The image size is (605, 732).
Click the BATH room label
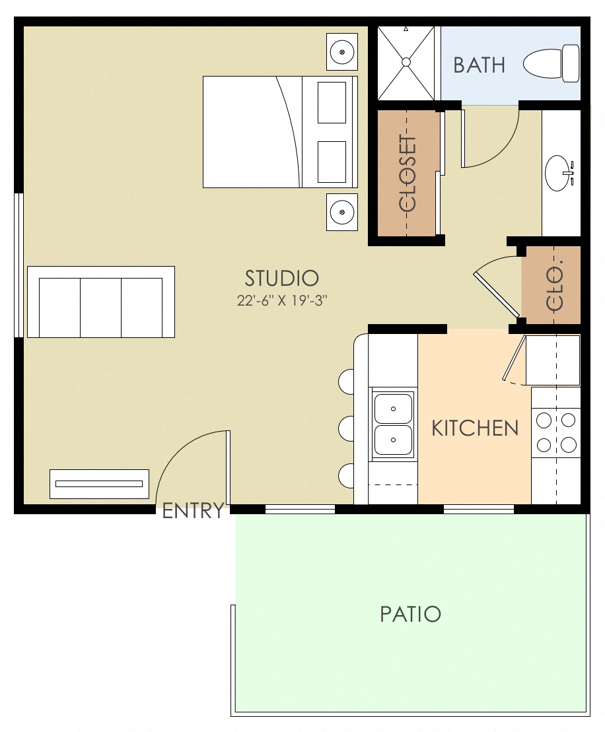(x=480, y=65)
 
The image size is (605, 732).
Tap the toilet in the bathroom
(x=552, y=63)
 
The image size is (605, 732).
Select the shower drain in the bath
(x=406, y=62)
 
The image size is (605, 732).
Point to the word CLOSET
(x=408, y=174)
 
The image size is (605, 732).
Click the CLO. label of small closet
(x=555, y=288)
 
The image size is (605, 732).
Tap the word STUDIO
(x=282, y=278)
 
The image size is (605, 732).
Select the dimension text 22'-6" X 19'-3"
(x=282, y=300)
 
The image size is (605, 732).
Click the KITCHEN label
(x=475, y=428)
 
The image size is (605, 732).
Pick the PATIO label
(x=410, y=615)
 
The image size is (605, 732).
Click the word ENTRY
(x=193, y=511)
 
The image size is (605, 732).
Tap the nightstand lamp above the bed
(x=342, y=51)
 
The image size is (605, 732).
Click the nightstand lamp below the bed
(x=342, y=212)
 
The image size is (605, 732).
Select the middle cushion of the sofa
(x=100, y=308)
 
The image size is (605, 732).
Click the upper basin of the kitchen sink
(x=393, y=408)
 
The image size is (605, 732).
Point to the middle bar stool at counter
(x=347, y=428)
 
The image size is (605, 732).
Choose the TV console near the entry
(x=99, y=484)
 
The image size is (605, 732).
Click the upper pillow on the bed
(x=332, y=102)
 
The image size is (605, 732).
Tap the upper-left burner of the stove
(x=544, y=420)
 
